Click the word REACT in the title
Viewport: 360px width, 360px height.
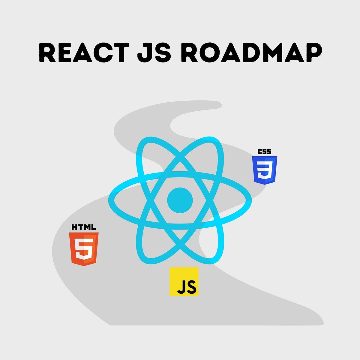tap(84, 53)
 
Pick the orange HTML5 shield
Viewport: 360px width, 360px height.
tap(84, 249)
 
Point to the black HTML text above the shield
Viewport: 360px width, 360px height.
tap(84, 227)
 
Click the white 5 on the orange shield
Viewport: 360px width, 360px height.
tap(84, 249)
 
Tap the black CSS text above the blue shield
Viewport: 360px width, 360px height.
tap(265, 151)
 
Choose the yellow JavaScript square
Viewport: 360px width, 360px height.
tap(184, 281)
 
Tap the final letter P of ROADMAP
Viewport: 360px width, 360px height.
tap(313, 53)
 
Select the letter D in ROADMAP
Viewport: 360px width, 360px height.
tap(246, 53)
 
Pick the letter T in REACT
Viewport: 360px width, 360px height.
tap(120, 53)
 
